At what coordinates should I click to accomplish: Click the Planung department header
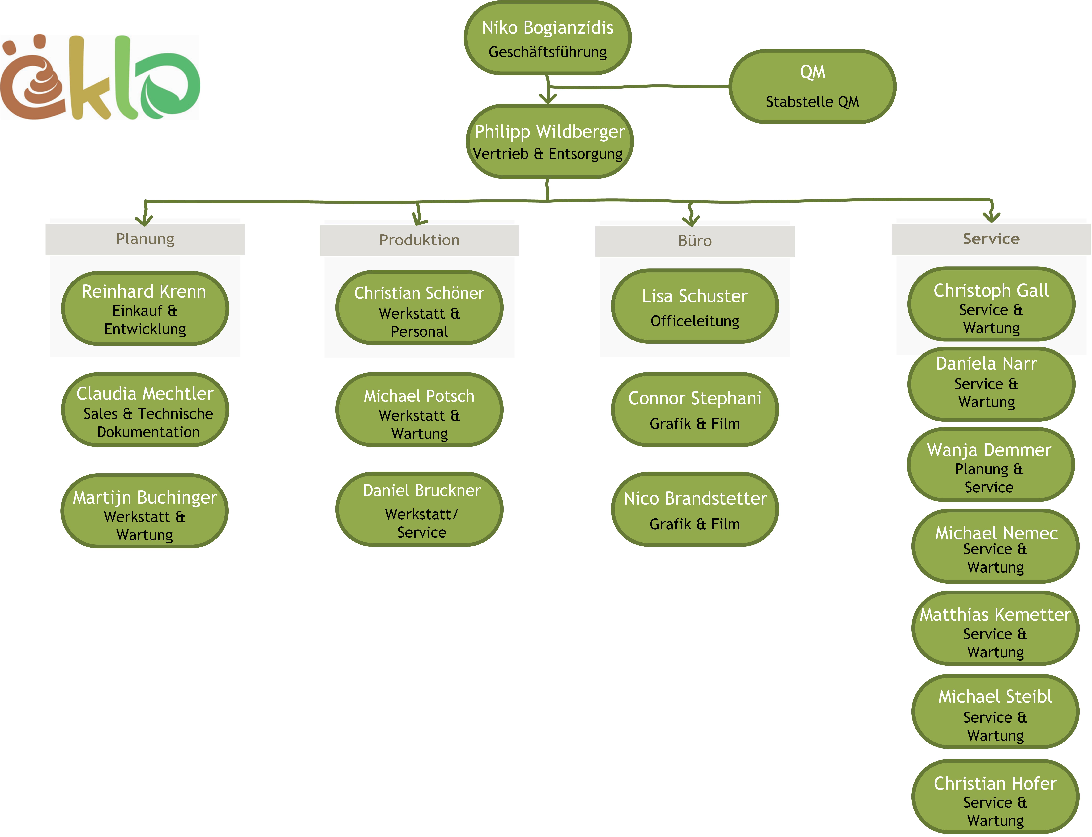click(145, 239)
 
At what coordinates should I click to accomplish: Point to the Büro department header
click(695, 241)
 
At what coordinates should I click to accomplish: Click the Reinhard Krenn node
click(145, 308)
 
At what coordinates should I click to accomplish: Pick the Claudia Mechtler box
click(145, 410)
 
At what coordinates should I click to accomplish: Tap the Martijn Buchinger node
click(145, 511)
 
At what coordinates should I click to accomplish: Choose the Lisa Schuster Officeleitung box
click(695, 306)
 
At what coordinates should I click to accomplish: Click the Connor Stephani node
click(695, 410)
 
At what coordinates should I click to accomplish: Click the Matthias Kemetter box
click(995, 628)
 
